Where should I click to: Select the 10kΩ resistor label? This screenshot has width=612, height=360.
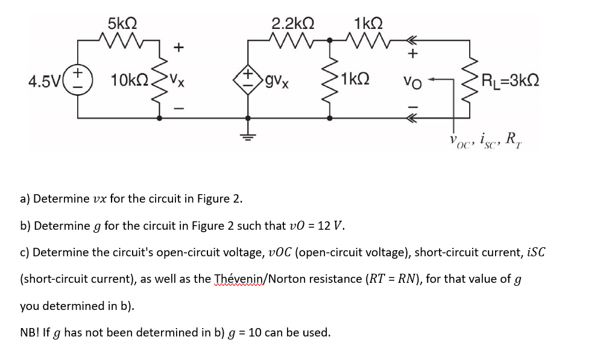[130, 80]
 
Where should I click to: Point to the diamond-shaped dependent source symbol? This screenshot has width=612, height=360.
[248, 80]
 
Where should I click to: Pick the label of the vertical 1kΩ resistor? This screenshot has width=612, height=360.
[355, 79]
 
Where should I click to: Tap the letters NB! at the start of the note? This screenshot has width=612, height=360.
[30, 332]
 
